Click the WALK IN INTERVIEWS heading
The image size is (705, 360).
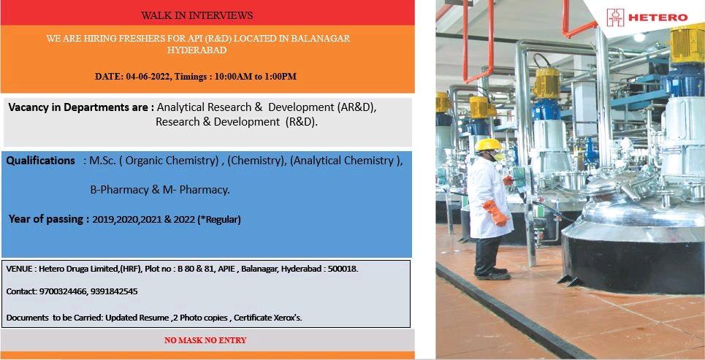197,16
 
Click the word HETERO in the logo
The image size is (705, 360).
658,18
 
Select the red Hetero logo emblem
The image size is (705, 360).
615,18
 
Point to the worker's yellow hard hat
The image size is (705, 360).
488,145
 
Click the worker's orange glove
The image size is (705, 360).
495,212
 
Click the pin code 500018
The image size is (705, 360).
343,269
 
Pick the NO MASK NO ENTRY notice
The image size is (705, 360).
205,340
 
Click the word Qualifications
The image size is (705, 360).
40,161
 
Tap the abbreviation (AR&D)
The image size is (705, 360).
354,108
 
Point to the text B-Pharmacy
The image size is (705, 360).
119,190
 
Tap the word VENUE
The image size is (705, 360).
19,269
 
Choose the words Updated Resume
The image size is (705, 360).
137,318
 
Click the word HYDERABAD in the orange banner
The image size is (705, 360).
197,50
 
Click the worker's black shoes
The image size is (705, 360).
495,274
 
